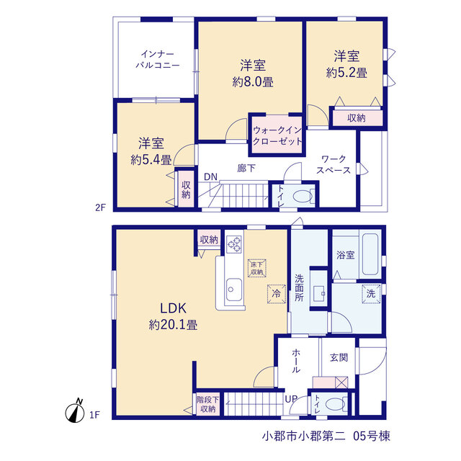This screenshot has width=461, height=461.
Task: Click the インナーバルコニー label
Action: [158, 59]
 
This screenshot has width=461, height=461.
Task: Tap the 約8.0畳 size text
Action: [253, 82]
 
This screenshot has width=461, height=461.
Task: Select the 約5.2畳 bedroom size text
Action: [346, 73]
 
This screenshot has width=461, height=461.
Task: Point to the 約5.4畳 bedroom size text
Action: [151, 160]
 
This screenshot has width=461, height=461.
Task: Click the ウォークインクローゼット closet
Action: [277, 135]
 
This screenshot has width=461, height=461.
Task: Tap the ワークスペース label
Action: [334, 165]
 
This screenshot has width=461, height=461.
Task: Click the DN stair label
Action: [210, 176]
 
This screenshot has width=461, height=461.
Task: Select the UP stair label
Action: [291, 399]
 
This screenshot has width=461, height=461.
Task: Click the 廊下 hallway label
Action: [246, 168]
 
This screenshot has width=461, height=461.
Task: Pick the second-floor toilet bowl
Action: [303, 196]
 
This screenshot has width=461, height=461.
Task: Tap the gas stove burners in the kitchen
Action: [234, 244]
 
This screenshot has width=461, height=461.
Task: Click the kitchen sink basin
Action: [234, 290]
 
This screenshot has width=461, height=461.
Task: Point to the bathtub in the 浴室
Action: [370, 254]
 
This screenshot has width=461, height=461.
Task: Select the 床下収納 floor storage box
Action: [257, 268]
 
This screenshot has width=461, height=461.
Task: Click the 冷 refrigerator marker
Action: [277, 293]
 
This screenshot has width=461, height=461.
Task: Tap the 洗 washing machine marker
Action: [371, 293]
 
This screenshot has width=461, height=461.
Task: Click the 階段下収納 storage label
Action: [208, 404]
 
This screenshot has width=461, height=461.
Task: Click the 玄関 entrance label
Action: [339, 357]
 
